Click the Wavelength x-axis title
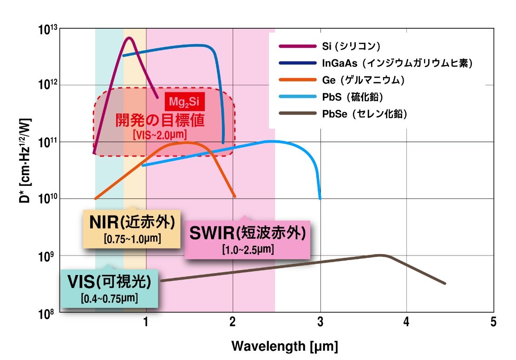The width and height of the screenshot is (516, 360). pyautogui.click(x=284, y=346)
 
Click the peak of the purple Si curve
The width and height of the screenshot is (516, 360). pyautogui.click(x=130, y=38)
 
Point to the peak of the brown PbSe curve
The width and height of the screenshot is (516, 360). pyautogui.click(x=381, y=255)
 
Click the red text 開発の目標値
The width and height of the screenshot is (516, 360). pyautogui.click(x=160, y=120)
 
